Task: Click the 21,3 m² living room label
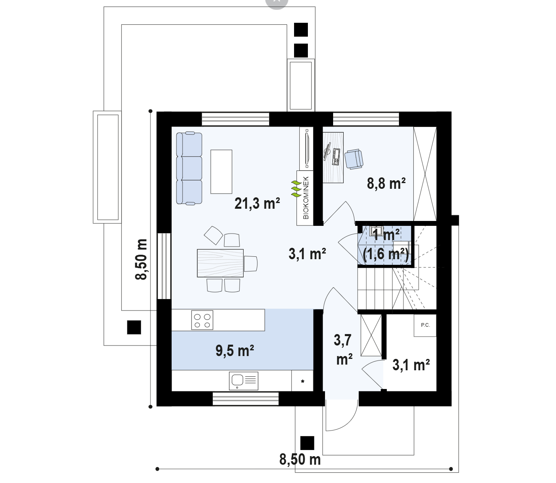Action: point(257,203)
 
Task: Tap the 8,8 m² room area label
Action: point(386,184)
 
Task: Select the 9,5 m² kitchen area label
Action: point(235,351)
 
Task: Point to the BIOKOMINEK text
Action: point(306,198)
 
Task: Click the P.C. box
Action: point(425,325)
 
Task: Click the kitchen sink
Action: point(244,381)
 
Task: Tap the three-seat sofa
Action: point(189,168)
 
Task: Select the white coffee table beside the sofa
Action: point(221,171)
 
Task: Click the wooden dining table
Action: point(220,263)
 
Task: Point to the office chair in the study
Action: point(354,159)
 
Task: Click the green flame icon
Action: point(296,189)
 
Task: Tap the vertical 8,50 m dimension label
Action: point(141,259)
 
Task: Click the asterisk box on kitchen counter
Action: point(303,381)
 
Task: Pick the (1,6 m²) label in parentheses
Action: point(386,254)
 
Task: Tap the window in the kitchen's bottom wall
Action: point(246,399)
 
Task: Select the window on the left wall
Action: point(164,266)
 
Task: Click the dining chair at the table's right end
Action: point(250,263)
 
